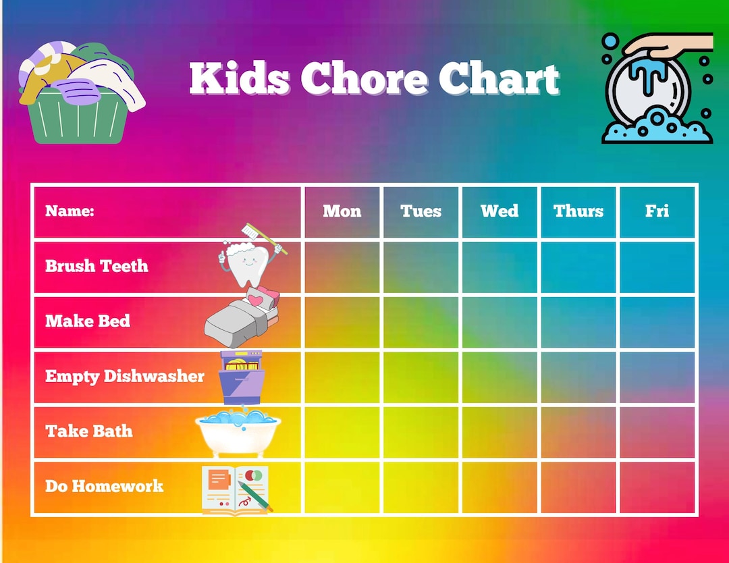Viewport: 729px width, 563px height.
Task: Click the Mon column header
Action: (342, 211)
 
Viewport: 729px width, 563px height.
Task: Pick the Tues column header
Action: (421, 211)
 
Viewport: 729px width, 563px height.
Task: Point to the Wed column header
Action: (500, 211)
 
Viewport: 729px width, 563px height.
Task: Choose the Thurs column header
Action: (578, 211)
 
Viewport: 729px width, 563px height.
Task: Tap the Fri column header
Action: (657, 211)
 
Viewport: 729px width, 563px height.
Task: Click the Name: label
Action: (70, 211)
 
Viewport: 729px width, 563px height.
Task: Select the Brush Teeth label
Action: (97, 266)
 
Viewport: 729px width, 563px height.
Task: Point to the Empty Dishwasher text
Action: (125, 376)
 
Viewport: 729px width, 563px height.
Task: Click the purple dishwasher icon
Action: (241, 377)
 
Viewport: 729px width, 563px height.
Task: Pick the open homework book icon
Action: (236, 490)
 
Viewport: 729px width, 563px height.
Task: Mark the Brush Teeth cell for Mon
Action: (342, 267)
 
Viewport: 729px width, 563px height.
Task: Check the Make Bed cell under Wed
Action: (500, 322)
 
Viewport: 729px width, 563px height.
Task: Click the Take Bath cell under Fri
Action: (657, 432)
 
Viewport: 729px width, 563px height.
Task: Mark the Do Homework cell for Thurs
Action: (578, 487)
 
